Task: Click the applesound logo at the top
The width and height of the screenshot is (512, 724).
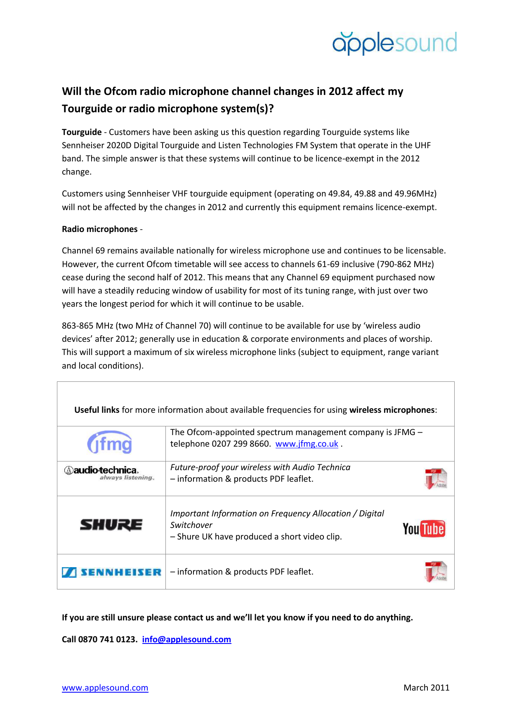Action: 394,43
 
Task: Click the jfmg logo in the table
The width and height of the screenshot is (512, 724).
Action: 110,443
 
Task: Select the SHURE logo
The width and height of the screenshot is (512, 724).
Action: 111,525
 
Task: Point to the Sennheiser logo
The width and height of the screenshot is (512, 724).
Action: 111,572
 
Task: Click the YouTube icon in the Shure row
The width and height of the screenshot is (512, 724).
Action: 424,528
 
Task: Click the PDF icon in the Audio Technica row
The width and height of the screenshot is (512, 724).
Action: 436,479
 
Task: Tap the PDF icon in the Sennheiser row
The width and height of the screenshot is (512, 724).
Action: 436,572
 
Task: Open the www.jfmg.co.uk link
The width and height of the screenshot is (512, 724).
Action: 307,444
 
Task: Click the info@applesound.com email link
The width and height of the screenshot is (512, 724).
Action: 186,639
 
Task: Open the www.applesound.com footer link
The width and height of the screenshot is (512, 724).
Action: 105,688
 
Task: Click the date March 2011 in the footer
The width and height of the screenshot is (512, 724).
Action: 426,688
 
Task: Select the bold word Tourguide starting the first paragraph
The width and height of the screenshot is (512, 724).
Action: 82,132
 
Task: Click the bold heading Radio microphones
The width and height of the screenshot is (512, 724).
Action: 99,229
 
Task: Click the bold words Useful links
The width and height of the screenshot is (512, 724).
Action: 97,410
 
